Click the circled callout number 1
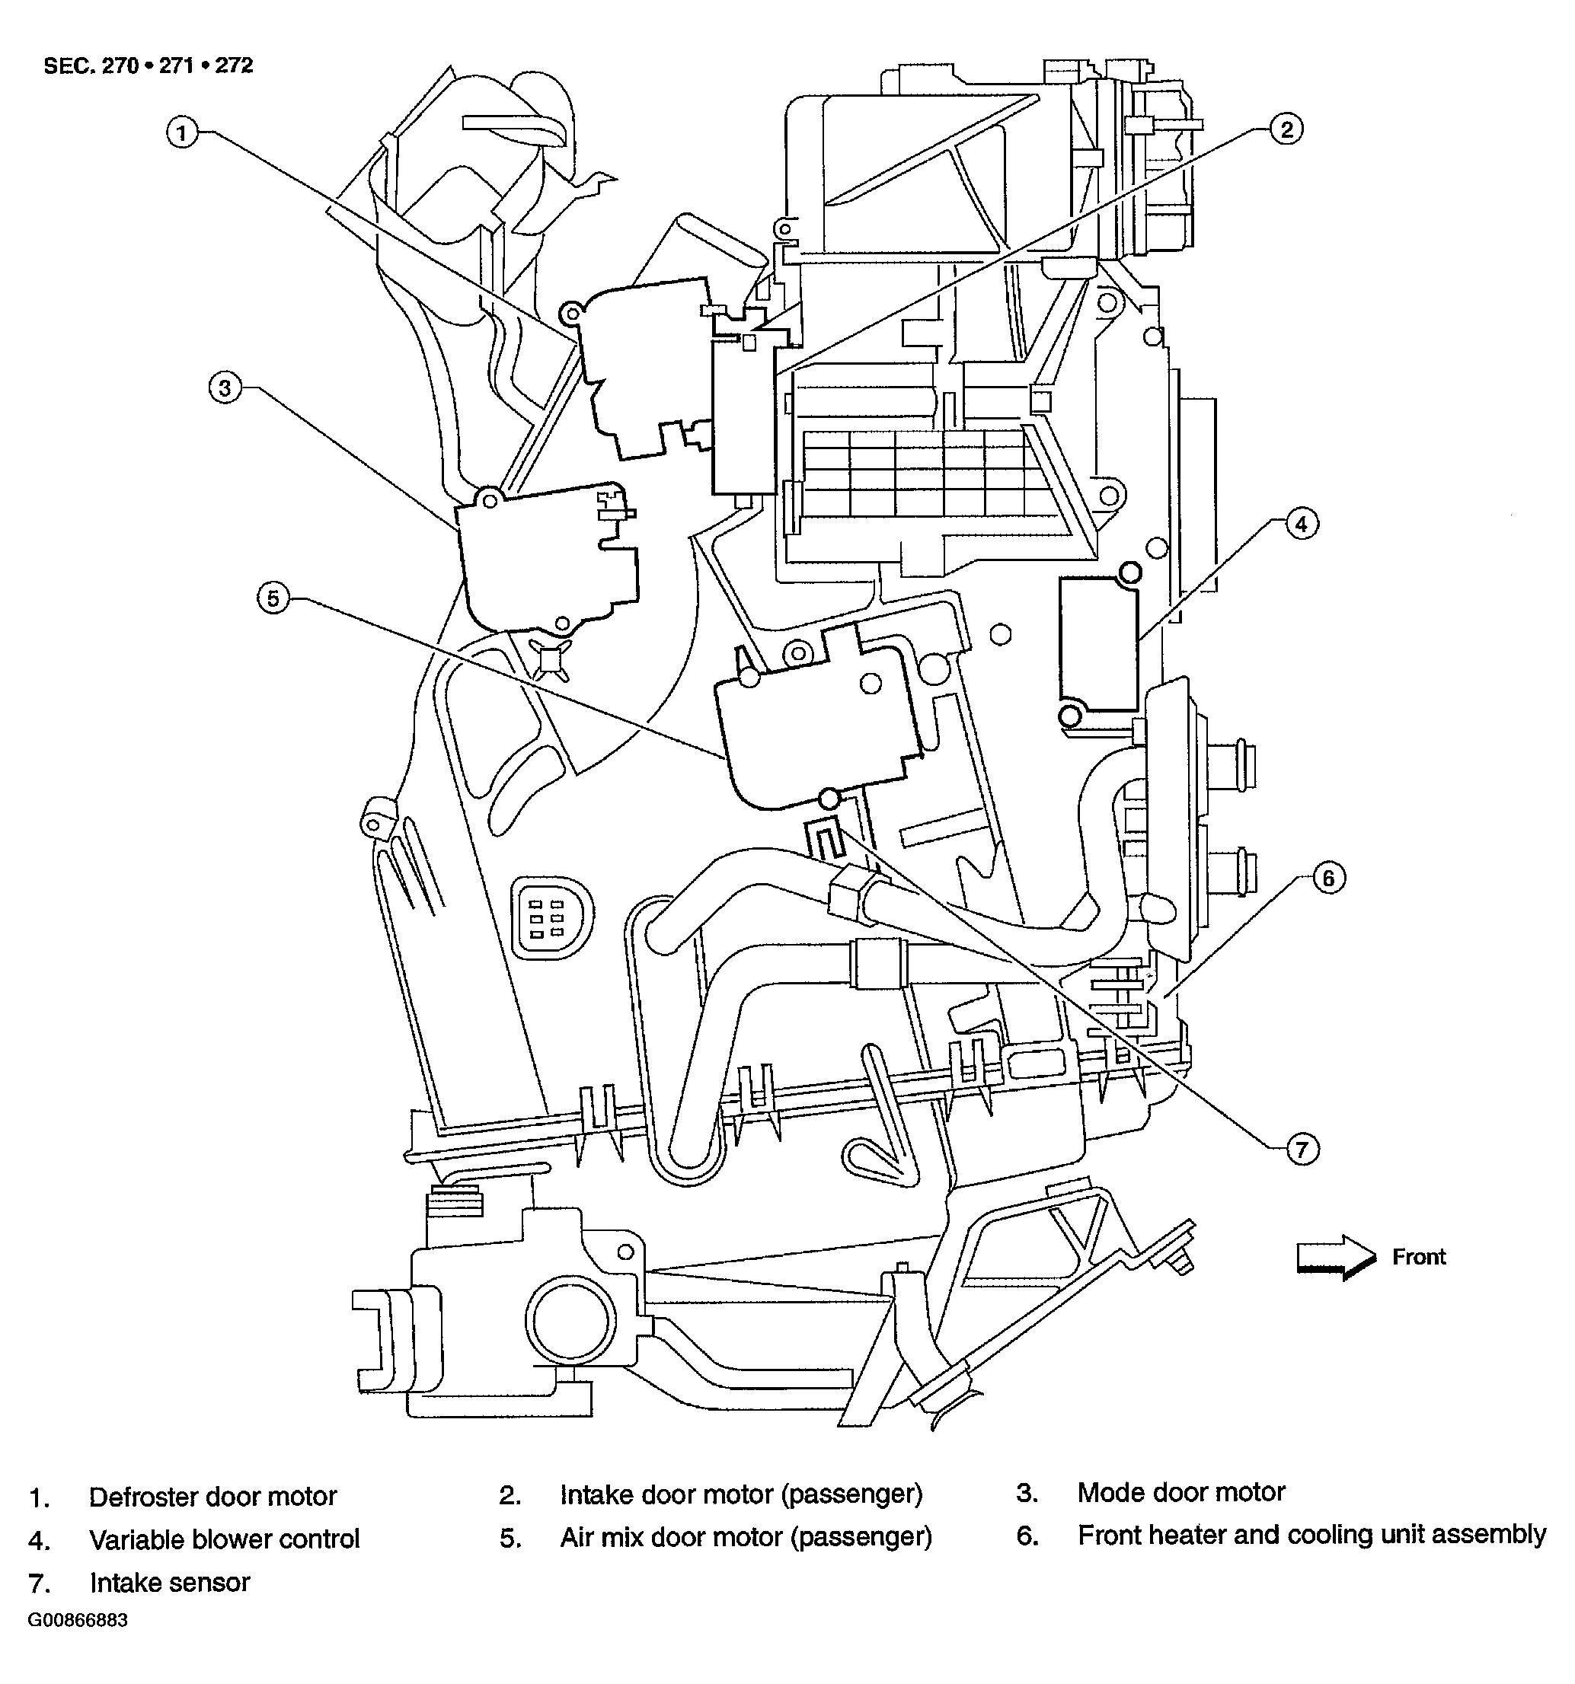(181, 133)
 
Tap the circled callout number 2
(1286, 129)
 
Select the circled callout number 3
(225, 389)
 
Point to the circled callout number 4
(1302, 524)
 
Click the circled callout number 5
(273, 599)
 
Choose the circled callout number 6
(1328, 879)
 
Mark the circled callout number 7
(1302, 1150)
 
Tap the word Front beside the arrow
(1418, 1257)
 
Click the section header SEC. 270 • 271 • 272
(149, 65)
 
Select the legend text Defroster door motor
(212, 1497)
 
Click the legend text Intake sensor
(169, 1582)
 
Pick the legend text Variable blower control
(224, 1539)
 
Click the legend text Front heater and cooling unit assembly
(1311, 1534)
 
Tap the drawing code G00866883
(77, 1621)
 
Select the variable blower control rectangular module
(1098, 644)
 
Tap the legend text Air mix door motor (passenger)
(746, 1536)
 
